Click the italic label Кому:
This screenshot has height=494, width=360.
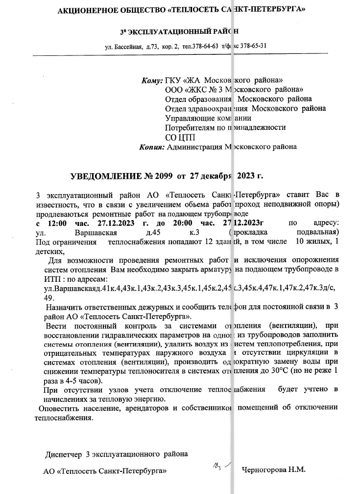(x=151, y=80)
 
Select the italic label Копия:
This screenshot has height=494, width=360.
(x=152, y=146)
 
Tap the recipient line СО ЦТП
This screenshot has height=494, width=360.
(x=178, y=137)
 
